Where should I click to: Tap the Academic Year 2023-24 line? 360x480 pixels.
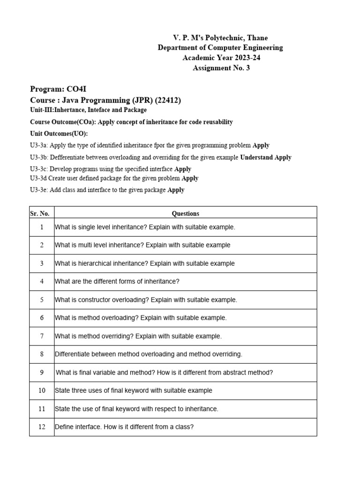220,58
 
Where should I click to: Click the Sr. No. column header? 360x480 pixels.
40,213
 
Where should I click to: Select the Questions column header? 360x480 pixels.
185,213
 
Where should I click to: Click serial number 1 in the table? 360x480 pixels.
42,227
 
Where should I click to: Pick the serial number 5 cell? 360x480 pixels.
42,300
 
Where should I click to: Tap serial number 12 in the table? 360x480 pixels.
42,427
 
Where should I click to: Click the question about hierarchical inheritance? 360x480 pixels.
144,263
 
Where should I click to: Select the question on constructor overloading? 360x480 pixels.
146,300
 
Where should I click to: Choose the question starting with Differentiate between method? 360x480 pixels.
149,354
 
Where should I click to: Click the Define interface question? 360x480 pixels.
124,427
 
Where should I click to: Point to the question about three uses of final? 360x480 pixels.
134,390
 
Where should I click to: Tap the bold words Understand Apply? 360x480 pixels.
266,157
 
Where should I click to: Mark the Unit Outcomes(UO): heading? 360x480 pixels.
59,134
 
